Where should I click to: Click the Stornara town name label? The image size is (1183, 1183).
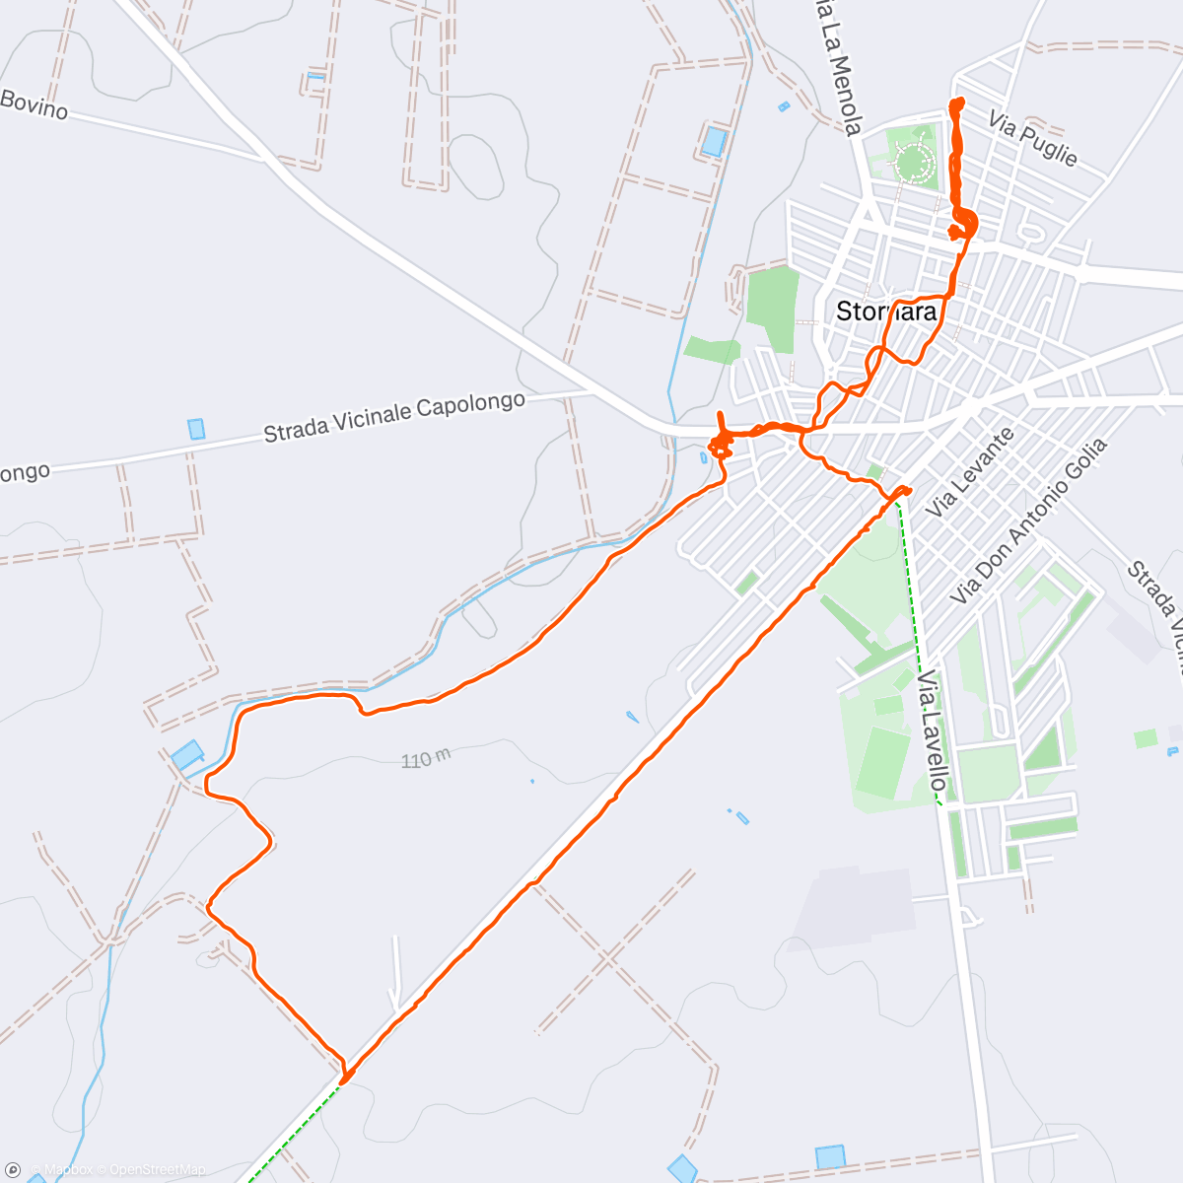[x=885, y=312]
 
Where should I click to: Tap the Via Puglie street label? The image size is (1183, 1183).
[x=1033, y=139]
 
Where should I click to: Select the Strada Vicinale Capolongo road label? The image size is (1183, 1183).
[x=393, y=418]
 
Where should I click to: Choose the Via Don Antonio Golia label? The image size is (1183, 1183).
[x=1029, y=521]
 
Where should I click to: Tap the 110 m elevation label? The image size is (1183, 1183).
[x=426, y=759]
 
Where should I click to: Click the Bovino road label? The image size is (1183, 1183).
[x=35, y=104]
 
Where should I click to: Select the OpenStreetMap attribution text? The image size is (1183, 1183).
[x=157, y=1170]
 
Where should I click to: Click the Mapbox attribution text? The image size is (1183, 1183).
[x=68, y=1170]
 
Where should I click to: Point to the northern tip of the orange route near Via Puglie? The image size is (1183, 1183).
[x=955, y=103]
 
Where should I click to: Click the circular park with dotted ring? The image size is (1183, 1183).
[x=913, y=160]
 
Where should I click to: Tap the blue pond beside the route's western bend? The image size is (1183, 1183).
[x=187, y=755]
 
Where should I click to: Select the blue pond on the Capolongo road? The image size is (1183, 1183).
[x=197, y=429]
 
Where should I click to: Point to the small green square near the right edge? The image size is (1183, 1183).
[x=1145, y=738]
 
